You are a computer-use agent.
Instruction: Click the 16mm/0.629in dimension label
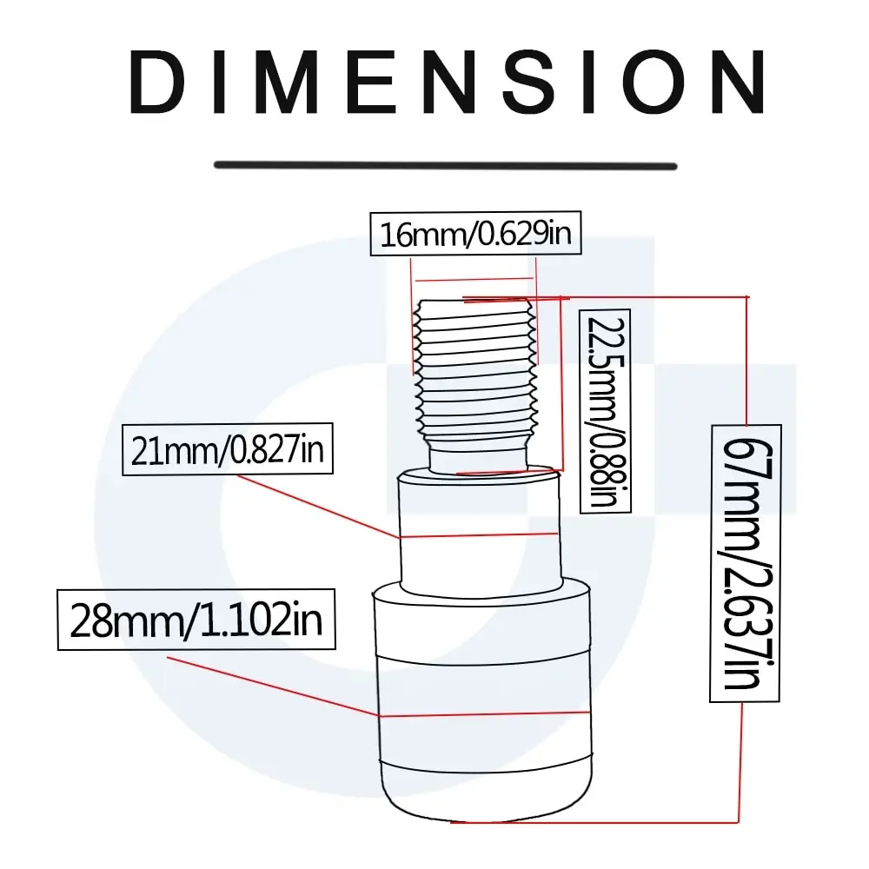click(475, 233)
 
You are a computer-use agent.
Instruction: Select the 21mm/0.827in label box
click(227, 449)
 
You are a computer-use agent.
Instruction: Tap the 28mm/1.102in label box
click(196, 620)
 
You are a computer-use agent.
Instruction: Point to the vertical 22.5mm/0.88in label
click(605, 411)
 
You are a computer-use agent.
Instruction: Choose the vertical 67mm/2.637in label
click(746, 564)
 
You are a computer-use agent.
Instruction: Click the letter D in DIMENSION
click(157, 82)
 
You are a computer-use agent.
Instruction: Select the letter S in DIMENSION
click(528, 82)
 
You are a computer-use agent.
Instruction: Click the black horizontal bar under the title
click(446, 166)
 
